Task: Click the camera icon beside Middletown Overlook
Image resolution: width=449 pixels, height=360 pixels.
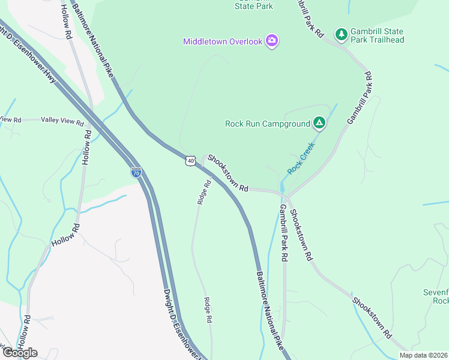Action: click(x=273, y=41)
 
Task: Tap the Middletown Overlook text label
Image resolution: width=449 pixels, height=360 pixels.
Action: click(x=223, y=41)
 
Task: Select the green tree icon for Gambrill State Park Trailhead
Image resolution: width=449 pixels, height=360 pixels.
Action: click(x=342, y=34)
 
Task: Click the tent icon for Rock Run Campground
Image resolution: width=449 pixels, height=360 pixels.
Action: click(x=319, y=124)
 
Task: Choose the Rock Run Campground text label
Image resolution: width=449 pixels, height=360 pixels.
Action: click(x=267, y=124)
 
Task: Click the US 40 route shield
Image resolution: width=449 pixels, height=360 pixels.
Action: click(x=190, y=161)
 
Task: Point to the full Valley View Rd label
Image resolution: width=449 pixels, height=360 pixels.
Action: click(x=62, y=121)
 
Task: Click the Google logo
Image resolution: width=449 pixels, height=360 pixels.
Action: click(x=19, y=352)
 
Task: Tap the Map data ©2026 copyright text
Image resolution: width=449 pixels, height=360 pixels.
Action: click(x=424, y=355)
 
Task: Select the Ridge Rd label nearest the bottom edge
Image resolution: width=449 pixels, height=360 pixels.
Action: click(x=208, y=311)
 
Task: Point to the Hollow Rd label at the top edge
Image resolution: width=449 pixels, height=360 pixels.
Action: click(x=66, y=22)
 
